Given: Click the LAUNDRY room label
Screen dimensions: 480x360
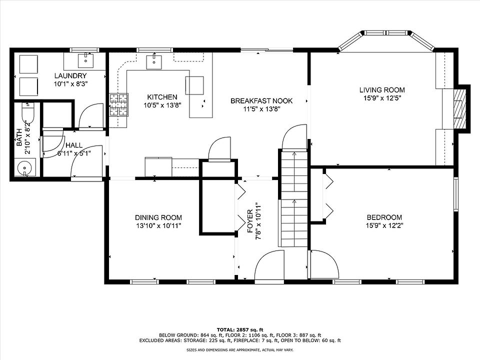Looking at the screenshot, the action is [70, 75].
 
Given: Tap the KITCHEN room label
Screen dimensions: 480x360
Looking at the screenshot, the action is [162, 97].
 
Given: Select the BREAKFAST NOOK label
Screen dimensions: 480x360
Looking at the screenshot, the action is [261, 100].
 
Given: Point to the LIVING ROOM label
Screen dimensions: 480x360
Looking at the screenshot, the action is [382, 90].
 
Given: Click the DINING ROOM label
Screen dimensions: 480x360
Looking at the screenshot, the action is [158, 217].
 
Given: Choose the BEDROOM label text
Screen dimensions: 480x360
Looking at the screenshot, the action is [384, 217].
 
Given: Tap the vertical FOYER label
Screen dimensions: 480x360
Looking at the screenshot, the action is [250, 220].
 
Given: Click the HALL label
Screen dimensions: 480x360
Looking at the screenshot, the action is [74, 145].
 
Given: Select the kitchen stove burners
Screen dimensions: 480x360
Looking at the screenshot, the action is [119, 104].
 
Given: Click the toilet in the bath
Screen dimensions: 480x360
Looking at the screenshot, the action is [27, 113].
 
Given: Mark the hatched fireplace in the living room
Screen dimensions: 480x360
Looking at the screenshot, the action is [458, 108].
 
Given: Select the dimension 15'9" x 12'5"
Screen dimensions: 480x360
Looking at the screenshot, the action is [382, 98].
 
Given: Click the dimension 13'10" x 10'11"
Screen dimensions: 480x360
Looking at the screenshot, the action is [158, 226].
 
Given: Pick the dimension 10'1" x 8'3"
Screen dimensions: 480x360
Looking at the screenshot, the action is [70, 84].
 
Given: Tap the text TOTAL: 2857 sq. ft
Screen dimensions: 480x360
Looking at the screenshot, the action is [240, 329].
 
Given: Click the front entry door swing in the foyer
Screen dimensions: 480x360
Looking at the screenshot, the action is [269, 265].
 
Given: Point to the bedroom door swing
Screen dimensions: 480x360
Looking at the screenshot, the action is [324, 264].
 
